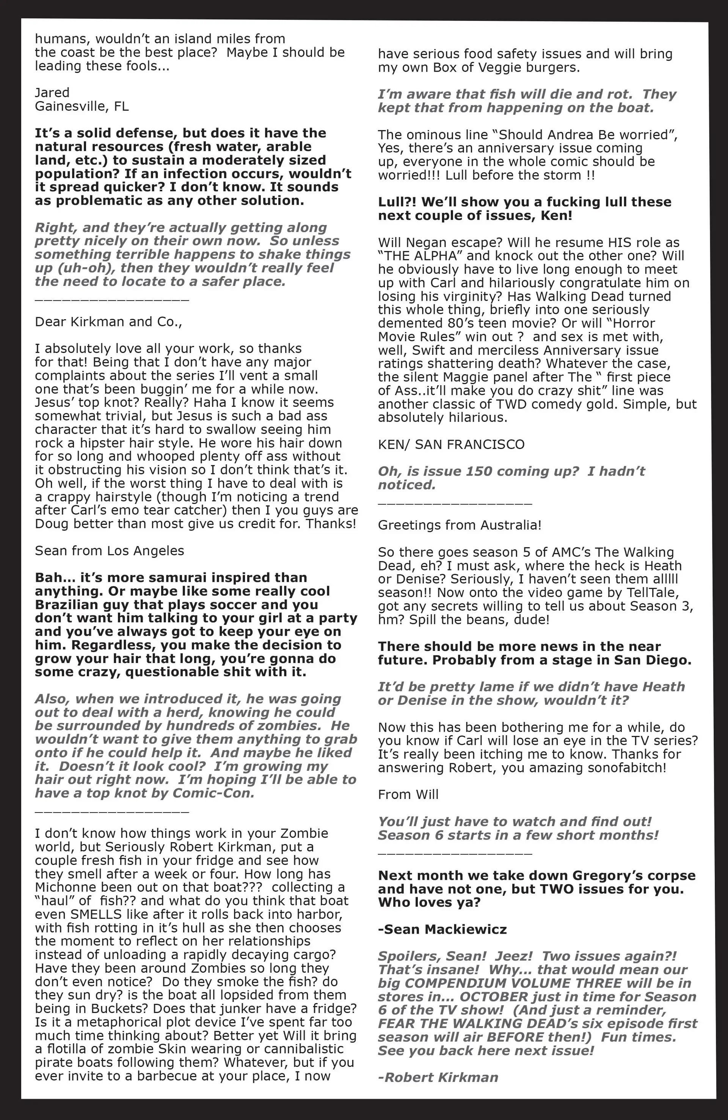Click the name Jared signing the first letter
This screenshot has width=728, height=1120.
52,92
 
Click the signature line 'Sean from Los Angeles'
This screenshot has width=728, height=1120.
110,551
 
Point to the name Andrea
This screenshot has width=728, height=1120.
569,135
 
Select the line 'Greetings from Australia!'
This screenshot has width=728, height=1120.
460,525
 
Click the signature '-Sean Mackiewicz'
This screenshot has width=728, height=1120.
442,929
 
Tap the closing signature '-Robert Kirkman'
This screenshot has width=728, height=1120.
438,1077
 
